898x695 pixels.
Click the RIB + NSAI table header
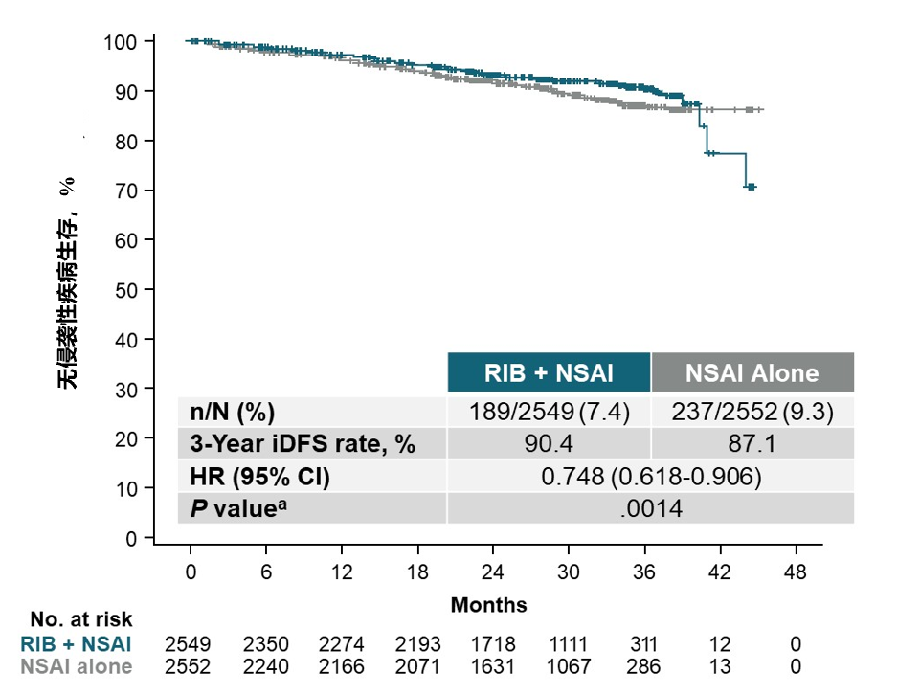[x=549, y=372]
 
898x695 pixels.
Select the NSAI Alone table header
[x=752, y=372]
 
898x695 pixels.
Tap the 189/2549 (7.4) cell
[x=549, y=413]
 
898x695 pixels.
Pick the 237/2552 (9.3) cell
[x=752, y=413]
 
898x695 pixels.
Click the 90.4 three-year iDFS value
[x=549, y=444]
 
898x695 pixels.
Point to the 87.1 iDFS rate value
[x=752, y=444]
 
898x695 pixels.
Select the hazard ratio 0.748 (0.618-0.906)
[x=651, y=476]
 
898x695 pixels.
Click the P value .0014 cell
[x=651, y=508]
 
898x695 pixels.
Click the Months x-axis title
[x=488, y=605]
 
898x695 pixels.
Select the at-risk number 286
[x=644, y=666]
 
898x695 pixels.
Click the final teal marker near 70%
[x=752, y=187]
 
